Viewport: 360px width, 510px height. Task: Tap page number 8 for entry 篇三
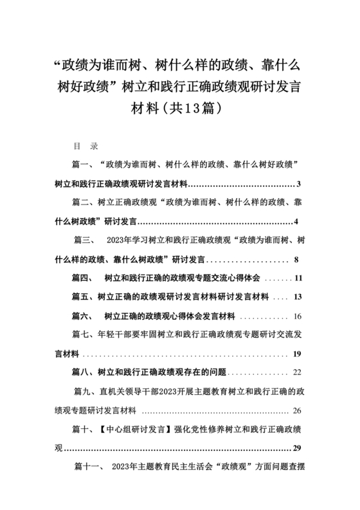pos(296,260)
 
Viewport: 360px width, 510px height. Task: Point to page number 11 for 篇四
pos(298,279)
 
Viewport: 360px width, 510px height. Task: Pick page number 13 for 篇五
pos(298,298)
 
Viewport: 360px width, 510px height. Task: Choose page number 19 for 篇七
pos(297,354)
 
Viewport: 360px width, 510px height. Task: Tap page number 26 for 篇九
pos(297,410)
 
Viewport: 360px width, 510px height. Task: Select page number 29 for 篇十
pos(297,448)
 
